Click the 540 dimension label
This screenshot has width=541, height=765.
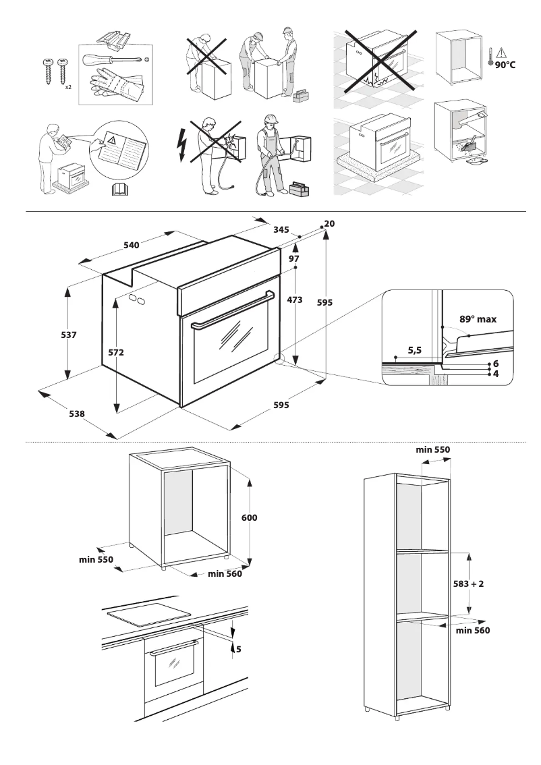[x=131, y=246]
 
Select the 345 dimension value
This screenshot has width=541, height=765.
[x=281, y=230]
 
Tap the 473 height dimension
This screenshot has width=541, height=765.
[x=295, y=300]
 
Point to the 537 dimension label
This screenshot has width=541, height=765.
[x=69, y=335]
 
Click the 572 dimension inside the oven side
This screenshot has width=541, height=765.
[x=116, y=352]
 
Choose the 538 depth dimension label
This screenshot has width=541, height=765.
[x=77, y=414]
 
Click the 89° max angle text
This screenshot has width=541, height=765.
[x=478, y=319]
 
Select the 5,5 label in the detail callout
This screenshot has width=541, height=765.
[x=415, y=350]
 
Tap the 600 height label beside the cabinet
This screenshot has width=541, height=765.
[x=250, y=518]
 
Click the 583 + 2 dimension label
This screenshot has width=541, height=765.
[x=468, y=584]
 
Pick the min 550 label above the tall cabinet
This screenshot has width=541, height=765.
[x=432, y=449]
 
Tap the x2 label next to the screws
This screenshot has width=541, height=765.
[x=68, y=88]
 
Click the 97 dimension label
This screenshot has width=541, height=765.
[x=294, y=259]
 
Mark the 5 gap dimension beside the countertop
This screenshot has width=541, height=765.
[x=238, y=650]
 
